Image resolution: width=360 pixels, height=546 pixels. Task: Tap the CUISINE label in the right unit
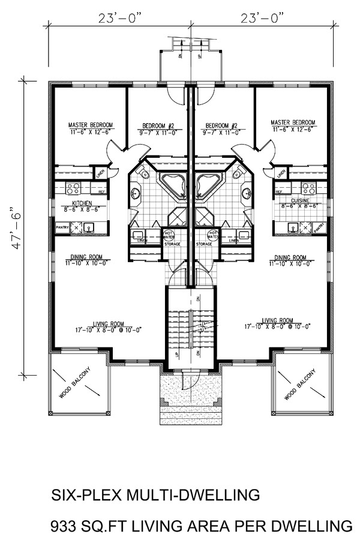tap(299, 200)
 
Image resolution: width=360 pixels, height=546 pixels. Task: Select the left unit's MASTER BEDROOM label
tap(90, 125)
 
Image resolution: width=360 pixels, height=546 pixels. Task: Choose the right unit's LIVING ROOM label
tap(277, 320)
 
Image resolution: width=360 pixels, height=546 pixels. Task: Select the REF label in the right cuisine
tap(278, 192)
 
